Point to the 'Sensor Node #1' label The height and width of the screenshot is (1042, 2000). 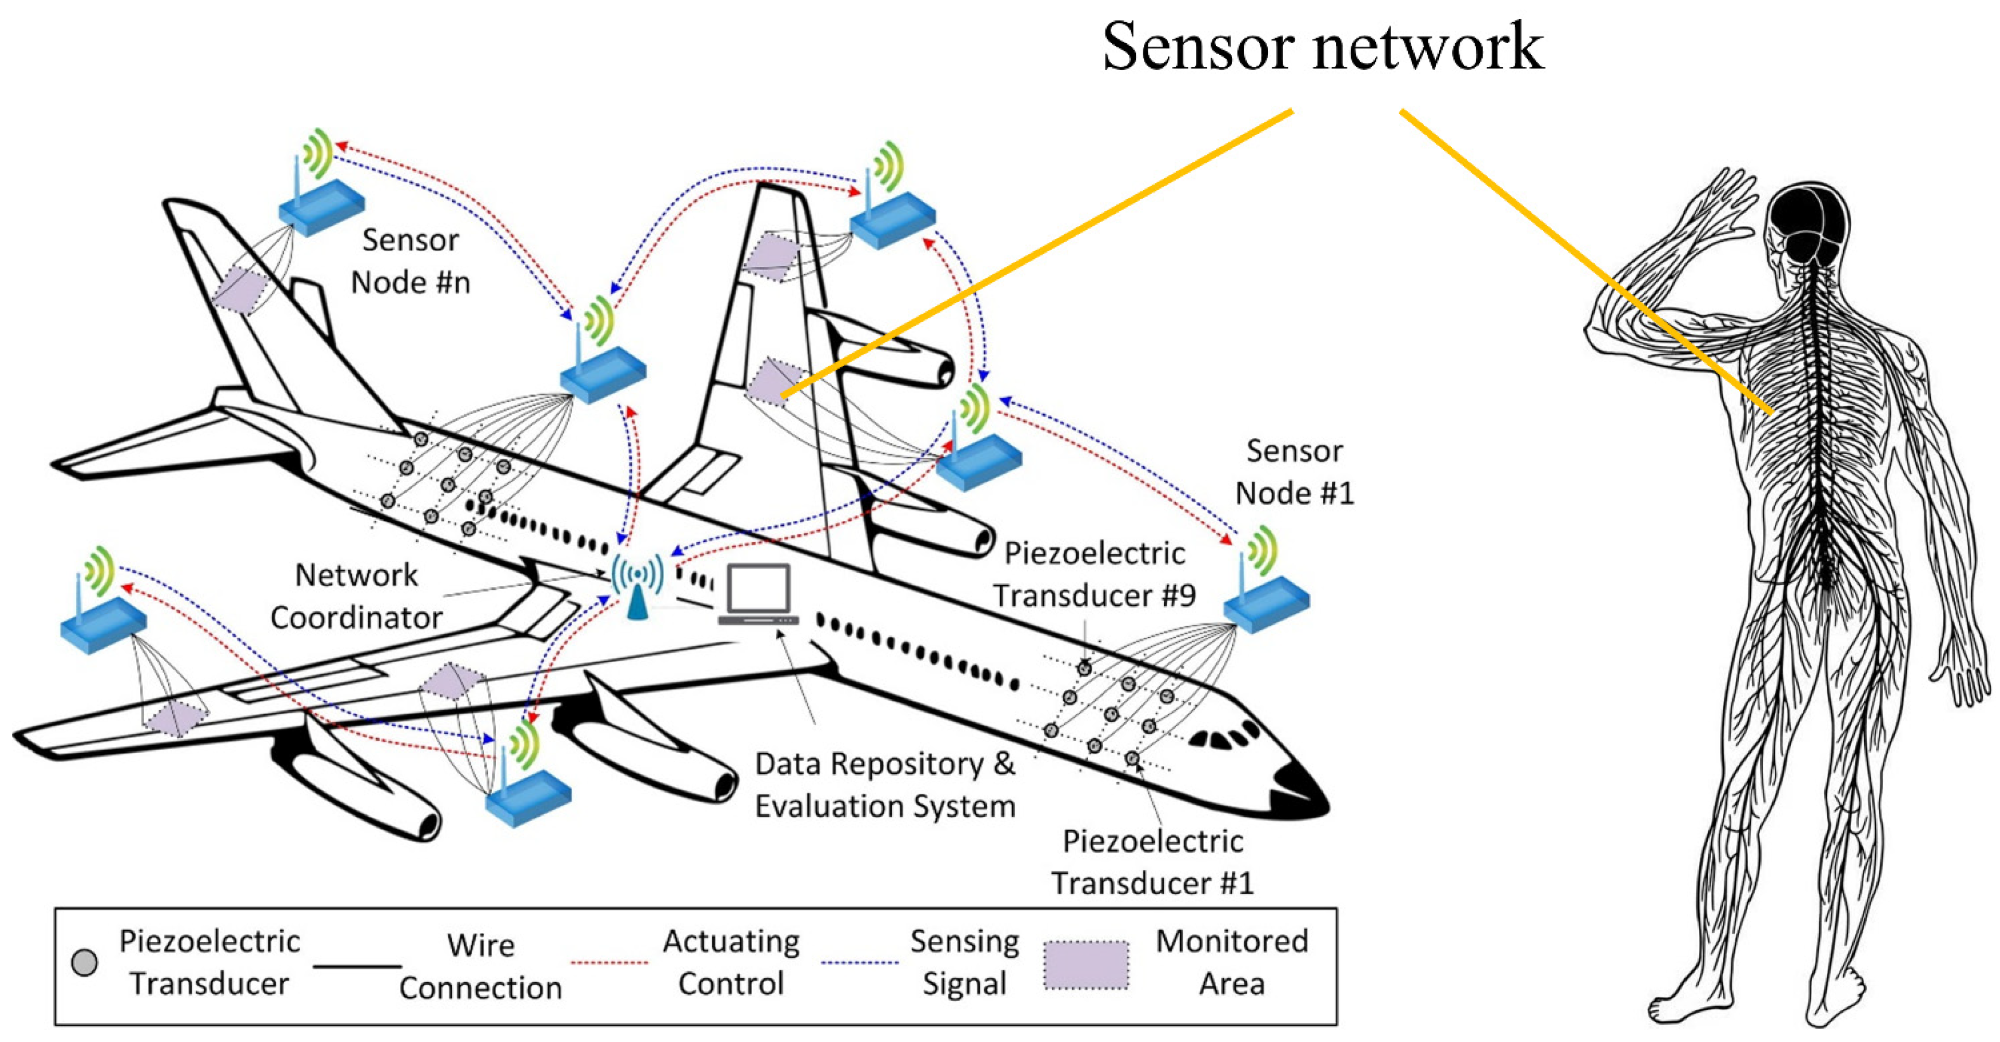coord(1294,472)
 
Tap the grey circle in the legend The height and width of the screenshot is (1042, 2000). coord(84,963)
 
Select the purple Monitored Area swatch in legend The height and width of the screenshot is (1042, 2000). coord(1086,965)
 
